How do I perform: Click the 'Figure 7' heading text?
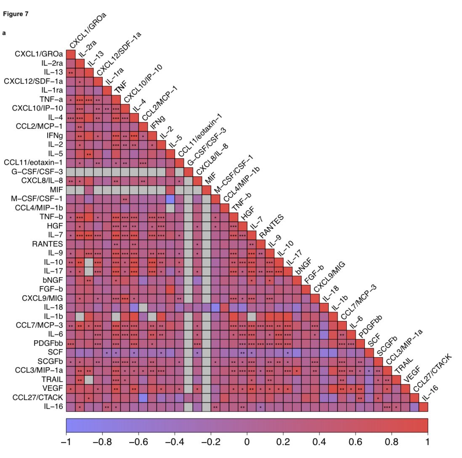pyautogui.click(x=16, y=14)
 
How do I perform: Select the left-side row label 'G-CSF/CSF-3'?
pyautogui.click(x=37, y=172)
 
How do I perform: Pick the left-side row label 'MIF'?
pyautogui.click(x=57, y=190)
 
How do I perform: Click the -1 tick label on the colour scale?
pyautogui.click(x=66, y=442)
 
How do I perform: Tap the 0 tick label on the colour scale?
pyautogui.click(x=247, y=442)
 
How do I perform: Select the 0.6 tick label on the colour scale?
pyautogui.click(x=356, y=442)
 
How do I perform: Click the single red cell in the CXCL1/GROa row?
pyautogui.click(x=71, y=54)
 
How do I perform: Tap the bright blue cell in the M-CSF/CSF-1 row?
pyautogui.click(x=170, y=199)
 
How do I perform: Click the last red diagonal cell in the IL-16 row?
pyautogui.click(x=423, y=407)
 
